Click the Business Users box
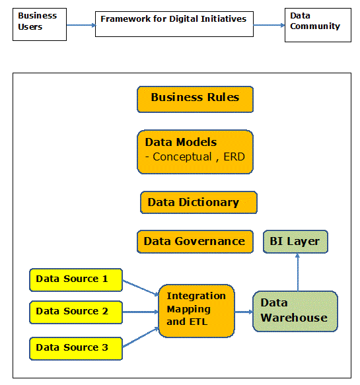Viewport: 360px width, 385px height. coord(40,24)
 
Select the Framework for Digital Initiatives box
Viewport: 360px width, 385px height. coord(174,24)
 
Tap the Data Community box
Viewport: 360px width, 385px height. coord(318,25)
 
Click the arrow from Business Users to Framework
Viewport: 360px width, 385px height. coord(81,25)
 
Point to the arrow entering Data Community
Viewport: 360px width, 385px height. coord(269,25)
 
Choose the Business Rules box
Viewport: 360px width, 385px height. coord(195,100)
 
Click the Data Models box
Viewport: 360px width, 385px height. coord(195,152)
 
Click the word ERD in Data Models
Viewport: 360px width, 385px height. coord(234,157)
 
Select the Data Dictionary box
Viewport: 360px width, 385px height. coord(199,203)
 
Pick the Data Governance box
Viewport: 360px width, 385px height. coord(195,242)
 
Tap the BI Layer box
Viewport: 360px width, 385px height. coord(295,242)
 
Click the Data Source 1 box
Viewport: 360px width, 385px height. coord(76,280)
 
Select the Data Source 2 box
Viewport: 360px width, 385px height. coord(76,312)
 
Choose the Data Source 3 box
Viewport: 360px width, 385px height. coord(76,349)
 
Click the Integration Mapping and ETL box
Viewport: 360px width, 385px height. coord(196,311)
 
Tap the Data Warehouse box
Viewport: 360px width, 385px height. coord(295,311)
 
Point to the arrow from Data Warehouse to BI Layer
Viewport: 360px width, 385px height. coord(298,272)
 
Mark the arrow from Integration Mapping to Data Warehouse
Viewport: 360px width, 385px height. coord(244,312)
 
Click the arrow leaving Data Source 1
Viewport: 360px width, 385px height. coord(141,287)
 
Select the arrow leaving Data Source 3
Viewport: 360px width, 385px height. coord(141,337)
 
